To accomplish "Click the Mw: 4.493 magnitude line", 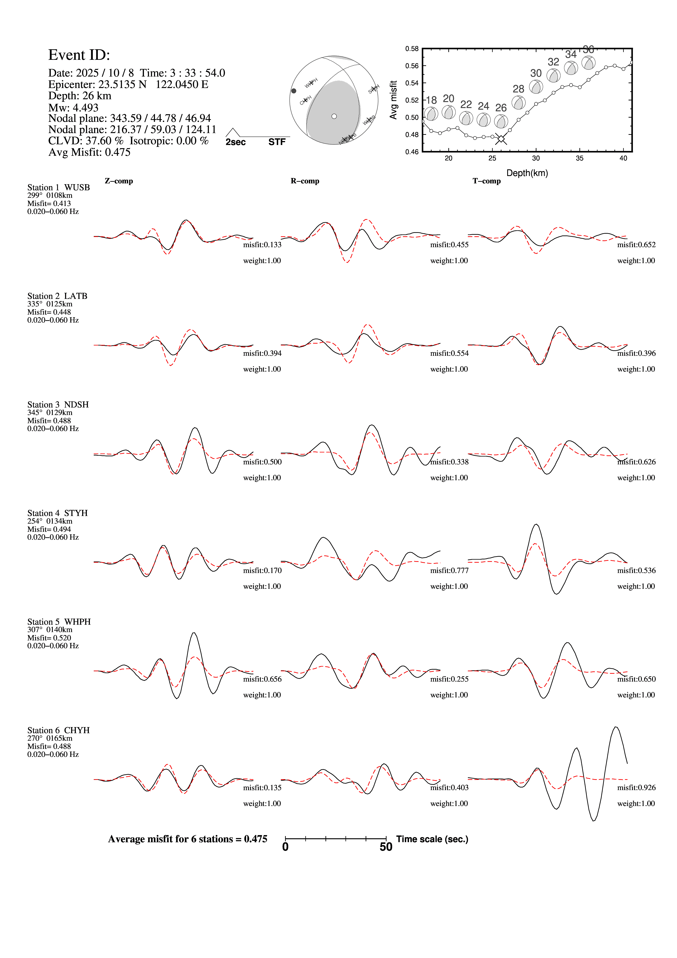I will [73, 108].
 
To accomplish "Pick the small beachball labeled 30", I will [536, 87].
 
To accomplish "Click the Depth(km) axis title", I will [527, 173].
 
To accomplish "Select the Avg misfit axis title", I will [393, 100].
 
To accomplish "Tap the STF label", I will [277, 142].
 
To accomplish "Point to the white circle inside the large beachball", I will [334, 116].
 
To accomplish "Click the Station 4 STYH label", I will [58, 513].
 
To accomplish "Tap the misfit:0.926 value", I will [636, 788].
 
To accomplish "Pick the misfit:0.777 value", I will [449, 570].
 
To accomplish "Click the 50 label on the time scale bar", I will [386, 847].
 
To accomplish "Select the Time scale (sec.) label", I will [432, 839].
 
